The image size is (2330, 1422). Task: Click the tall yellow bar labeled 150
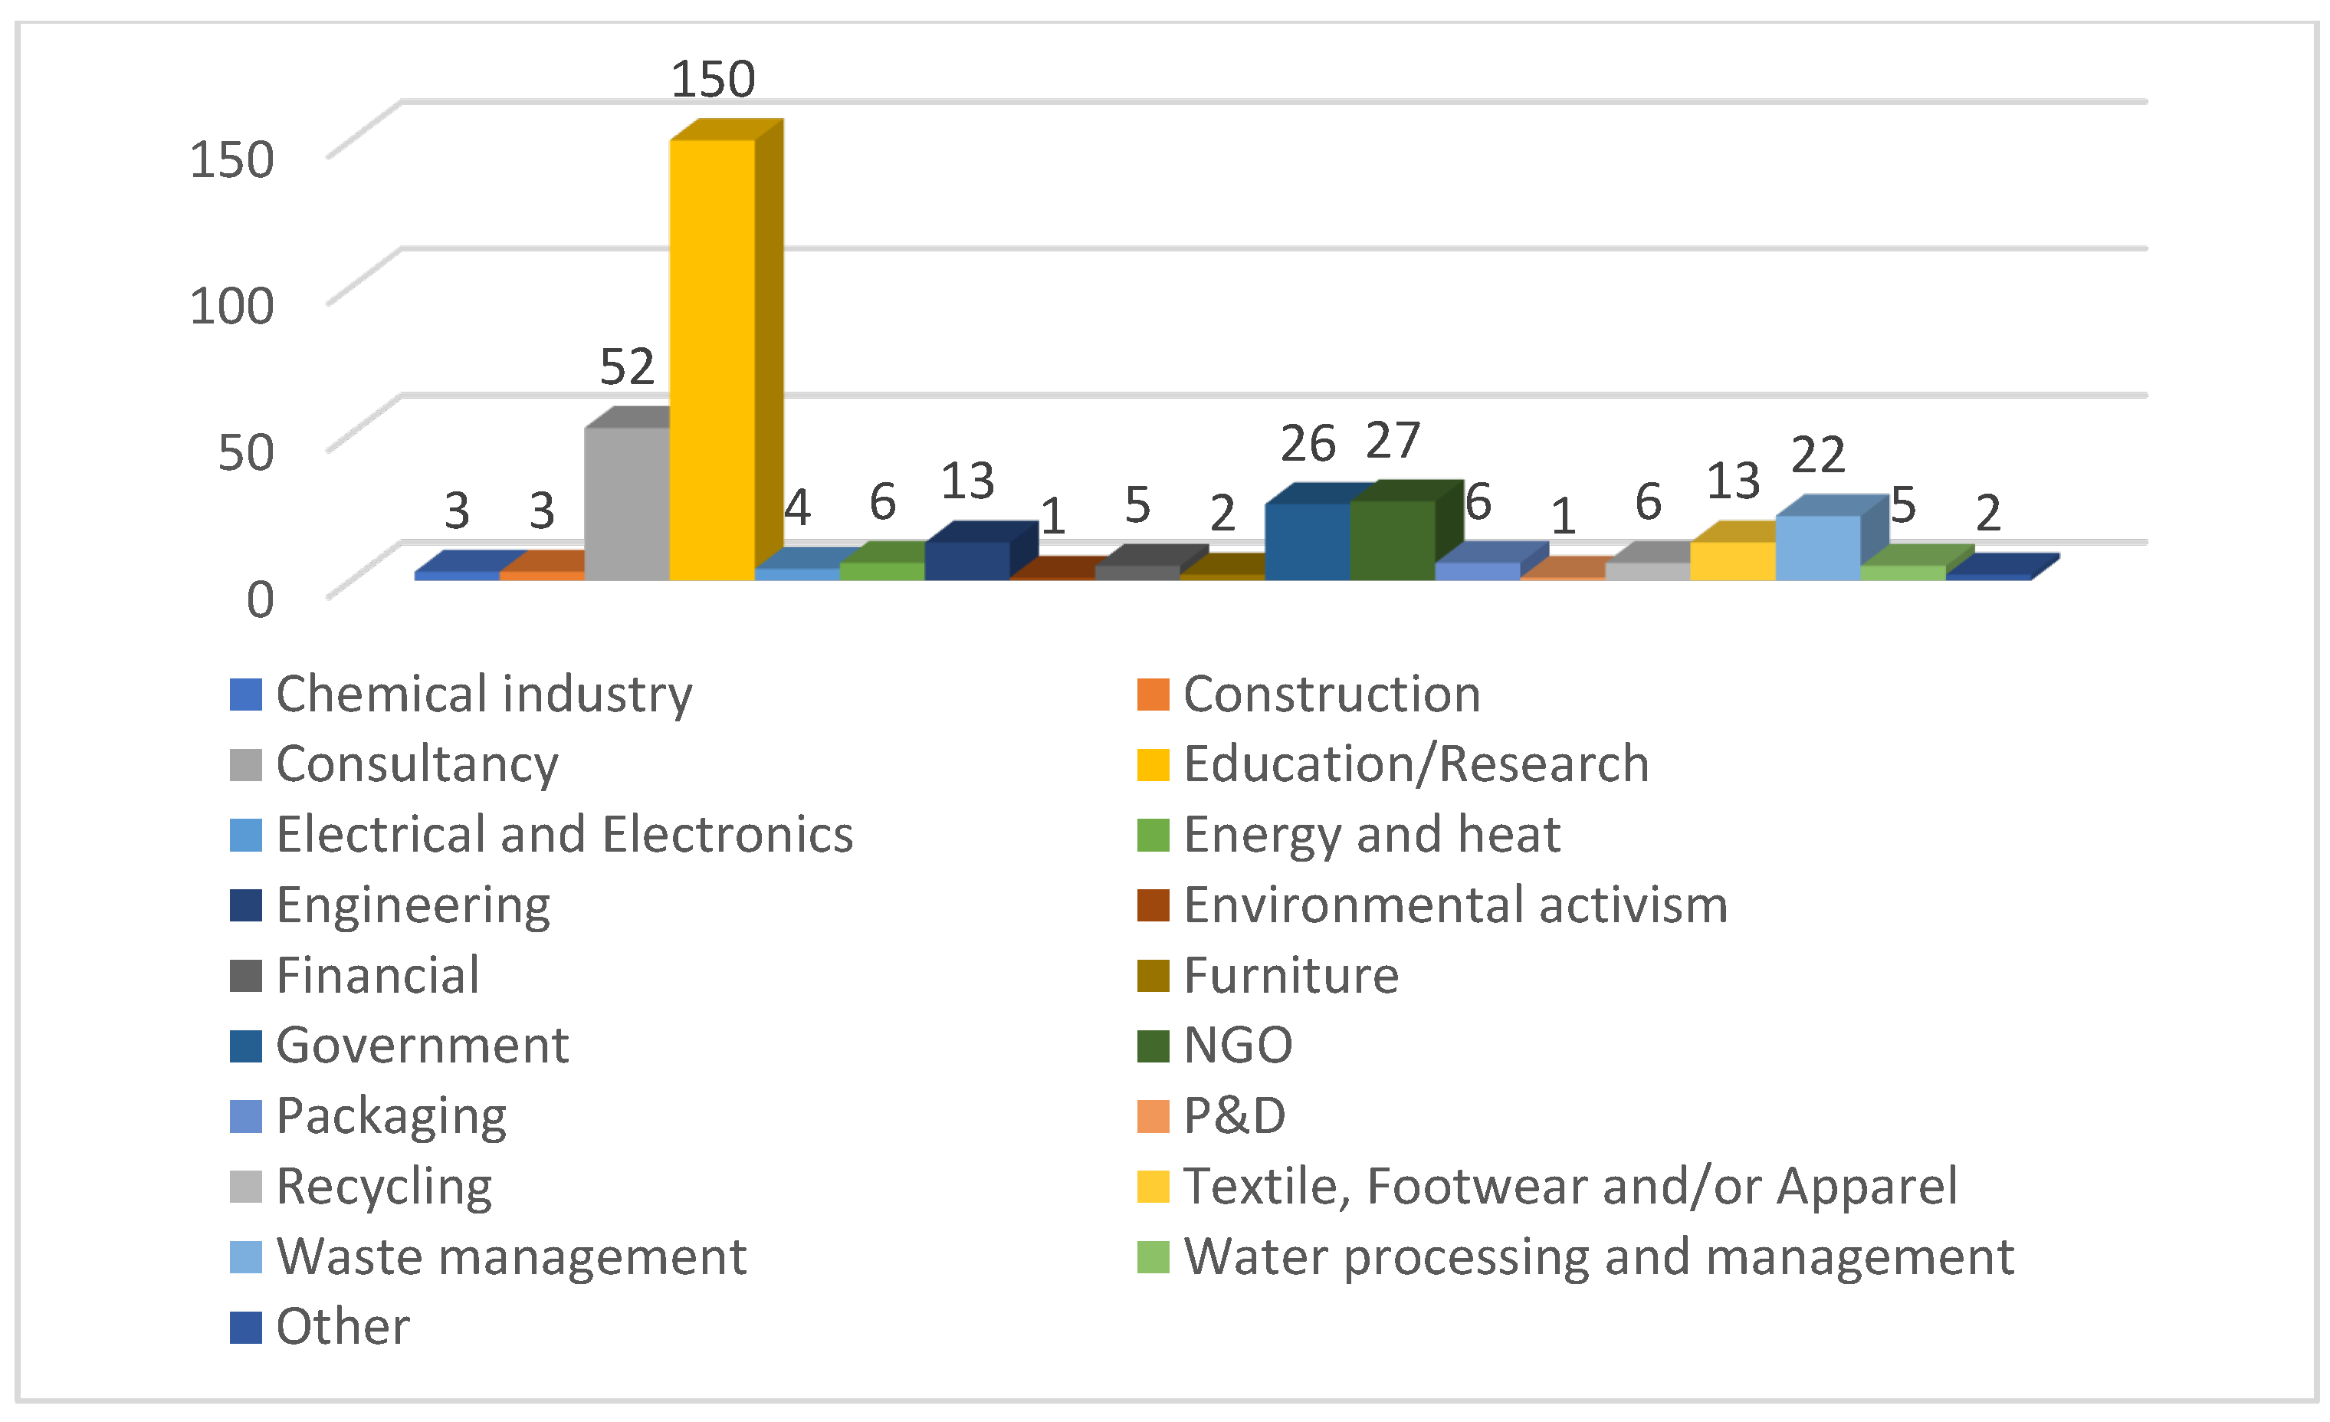712,360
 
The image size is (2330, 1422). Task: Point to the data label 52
627,367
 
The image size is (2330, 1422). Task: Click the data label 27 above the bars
1393,441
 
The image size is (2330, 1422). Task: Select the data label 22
1817,455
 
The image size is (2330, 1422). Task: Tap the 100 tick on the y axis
231,305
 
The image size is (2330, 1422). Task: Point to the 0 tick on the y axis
260,599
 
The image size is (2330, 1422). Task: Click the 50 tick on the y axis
246,452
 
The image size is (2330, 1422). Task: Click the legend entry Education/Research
1416,764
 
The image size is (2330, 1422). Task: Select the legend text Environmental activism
1455,905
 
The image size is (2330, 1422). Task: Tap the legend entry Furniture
1291,975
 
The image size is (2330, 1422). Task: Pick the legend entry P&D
1234,1115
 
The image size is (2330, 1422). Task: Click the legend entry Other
343,1326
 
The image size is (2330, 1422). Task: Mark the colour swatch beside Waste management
246,1256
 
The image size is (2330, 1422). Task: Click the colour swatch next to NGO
1153,1046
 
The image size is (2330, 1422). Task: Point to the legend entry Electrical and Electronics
565,834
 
